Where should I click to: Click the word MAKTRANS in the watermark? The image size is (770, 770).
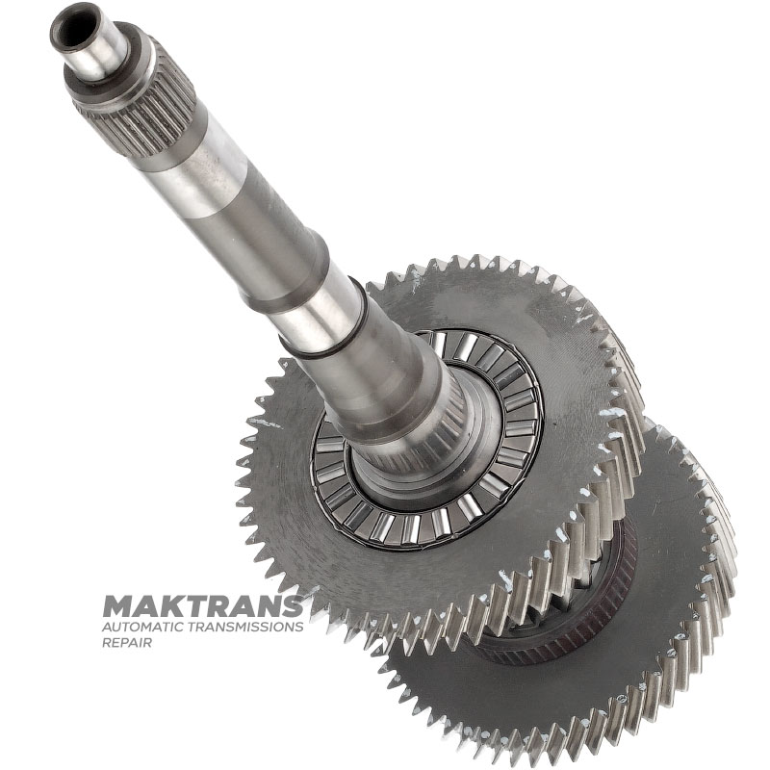point(203,606)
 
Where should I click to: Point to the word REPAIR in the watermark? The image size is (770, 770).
point(127,642)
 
